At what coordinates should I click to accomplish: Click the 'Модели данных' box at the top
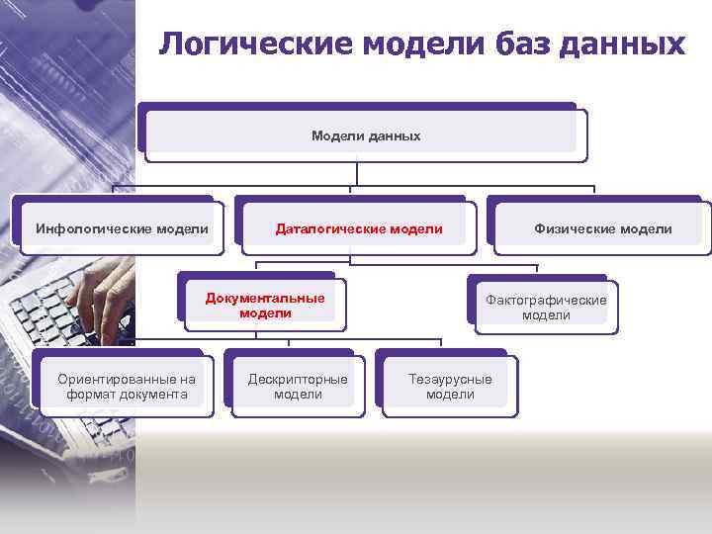coord(363,133)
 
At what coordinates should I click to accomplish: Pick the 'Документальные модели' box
coord(265,304)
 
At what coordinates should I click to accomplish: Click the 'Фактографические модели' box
coord(545,307)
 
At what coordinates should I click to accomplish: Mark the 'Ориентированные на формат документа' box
coord(125,386)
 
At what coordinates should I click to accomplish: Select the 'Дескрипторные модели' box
coord(297,386)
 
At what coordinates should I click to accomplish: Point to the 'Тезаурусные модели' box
coord(449,386)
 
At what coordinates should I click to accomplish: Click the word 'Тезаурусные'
coord(450,379)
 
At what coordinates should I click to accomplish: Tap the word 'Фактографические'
coord(546,300)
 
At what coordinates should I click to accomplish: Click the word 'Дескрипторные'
coord(298,379)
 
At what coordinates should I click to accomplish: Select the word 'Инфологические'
coord(91,229)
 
